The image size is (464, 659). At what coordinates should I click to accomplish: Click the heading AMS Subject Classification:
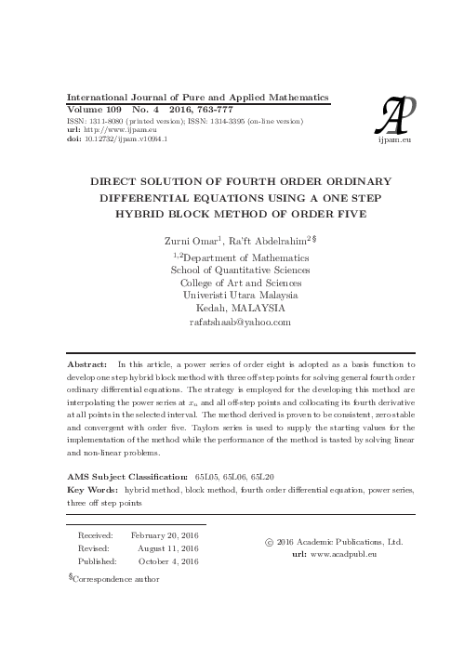pyautogui.click(x=126, y=475)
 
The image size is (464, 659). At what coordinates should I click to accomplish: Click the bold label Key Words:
pyautogui.click(x=93, y=488)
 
